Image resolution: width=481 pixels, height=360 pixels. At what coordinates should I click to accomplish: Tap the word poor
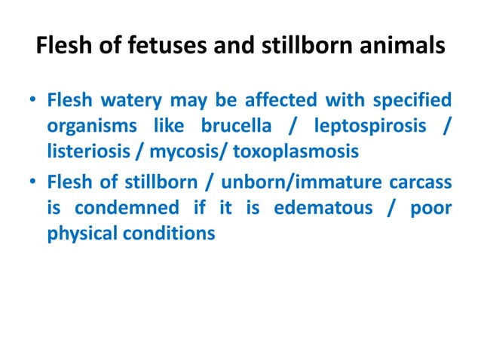[x=431, y=207]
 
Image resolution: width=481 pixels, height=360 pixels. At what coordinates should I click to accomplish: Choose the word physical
[x=81, y=233]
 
